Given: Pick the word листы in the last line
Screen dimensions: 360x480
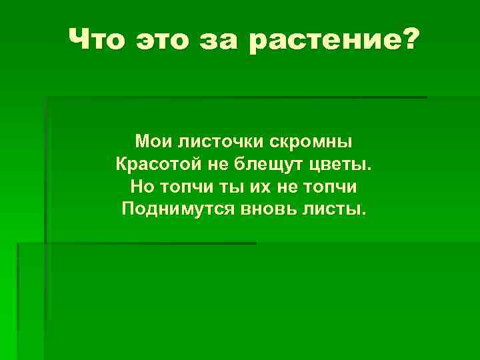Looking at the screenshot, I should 336,209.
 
